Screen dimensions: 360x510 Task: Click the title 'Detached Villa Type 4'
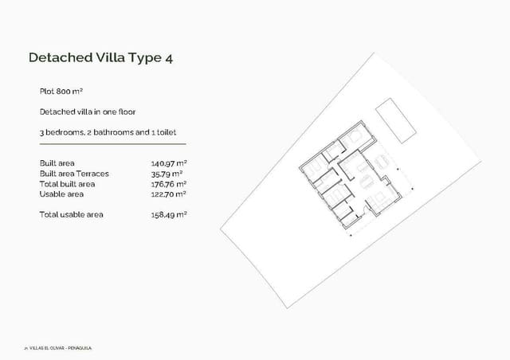[x=100, y=57]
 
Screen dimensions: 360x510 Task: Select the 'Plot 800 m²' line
[x=61, y=92]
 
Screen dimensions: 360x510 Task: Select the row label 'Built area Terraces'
[x=74, y=173]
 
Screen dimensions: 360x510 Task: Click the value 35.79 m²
[x=167, y=173]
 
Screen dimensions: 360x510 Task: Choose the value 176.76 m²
[x=168, y=183]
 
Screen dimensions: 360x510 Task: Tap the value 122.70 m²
[x=168, y=194]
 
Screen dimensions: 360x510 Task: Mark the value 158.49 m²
[x=168, y=214]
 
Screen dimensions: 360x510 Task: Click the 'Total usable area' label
[x=71, y=214]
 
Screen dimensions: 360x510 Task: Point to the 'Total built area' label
[x=67, y=183]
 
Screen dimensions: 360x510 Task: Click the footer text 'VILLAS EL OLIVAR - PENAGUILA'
[x=61, y=348]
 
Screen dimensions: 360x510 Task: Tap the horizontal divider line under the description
[x=112, y=143]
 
